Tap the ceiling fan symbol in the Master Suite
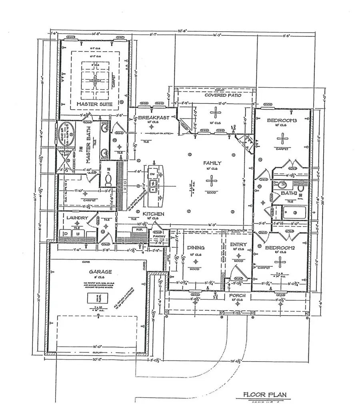95,80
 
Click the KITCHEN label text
154,214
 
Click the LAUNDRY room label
78,217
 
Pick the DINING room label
196,247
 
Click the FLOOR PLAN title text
265,395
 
